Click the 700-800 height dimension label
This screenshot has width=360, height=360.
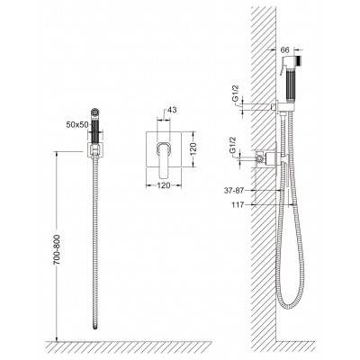57,249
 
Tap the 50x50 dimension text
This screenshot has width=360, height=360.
77,125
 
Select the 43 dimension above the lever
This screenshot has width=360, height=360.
172,110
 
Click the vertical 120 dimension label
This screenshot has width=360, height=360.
193,149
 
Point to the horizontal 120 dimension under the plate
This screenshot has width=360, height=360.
164,185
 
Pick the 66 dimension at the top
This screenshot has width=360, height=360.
285,50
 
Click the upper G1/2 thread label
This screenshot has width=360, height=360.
236,94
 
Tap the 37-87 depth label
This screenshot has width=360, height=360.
234,190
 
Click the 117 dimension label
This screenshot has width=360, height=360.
238,205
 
